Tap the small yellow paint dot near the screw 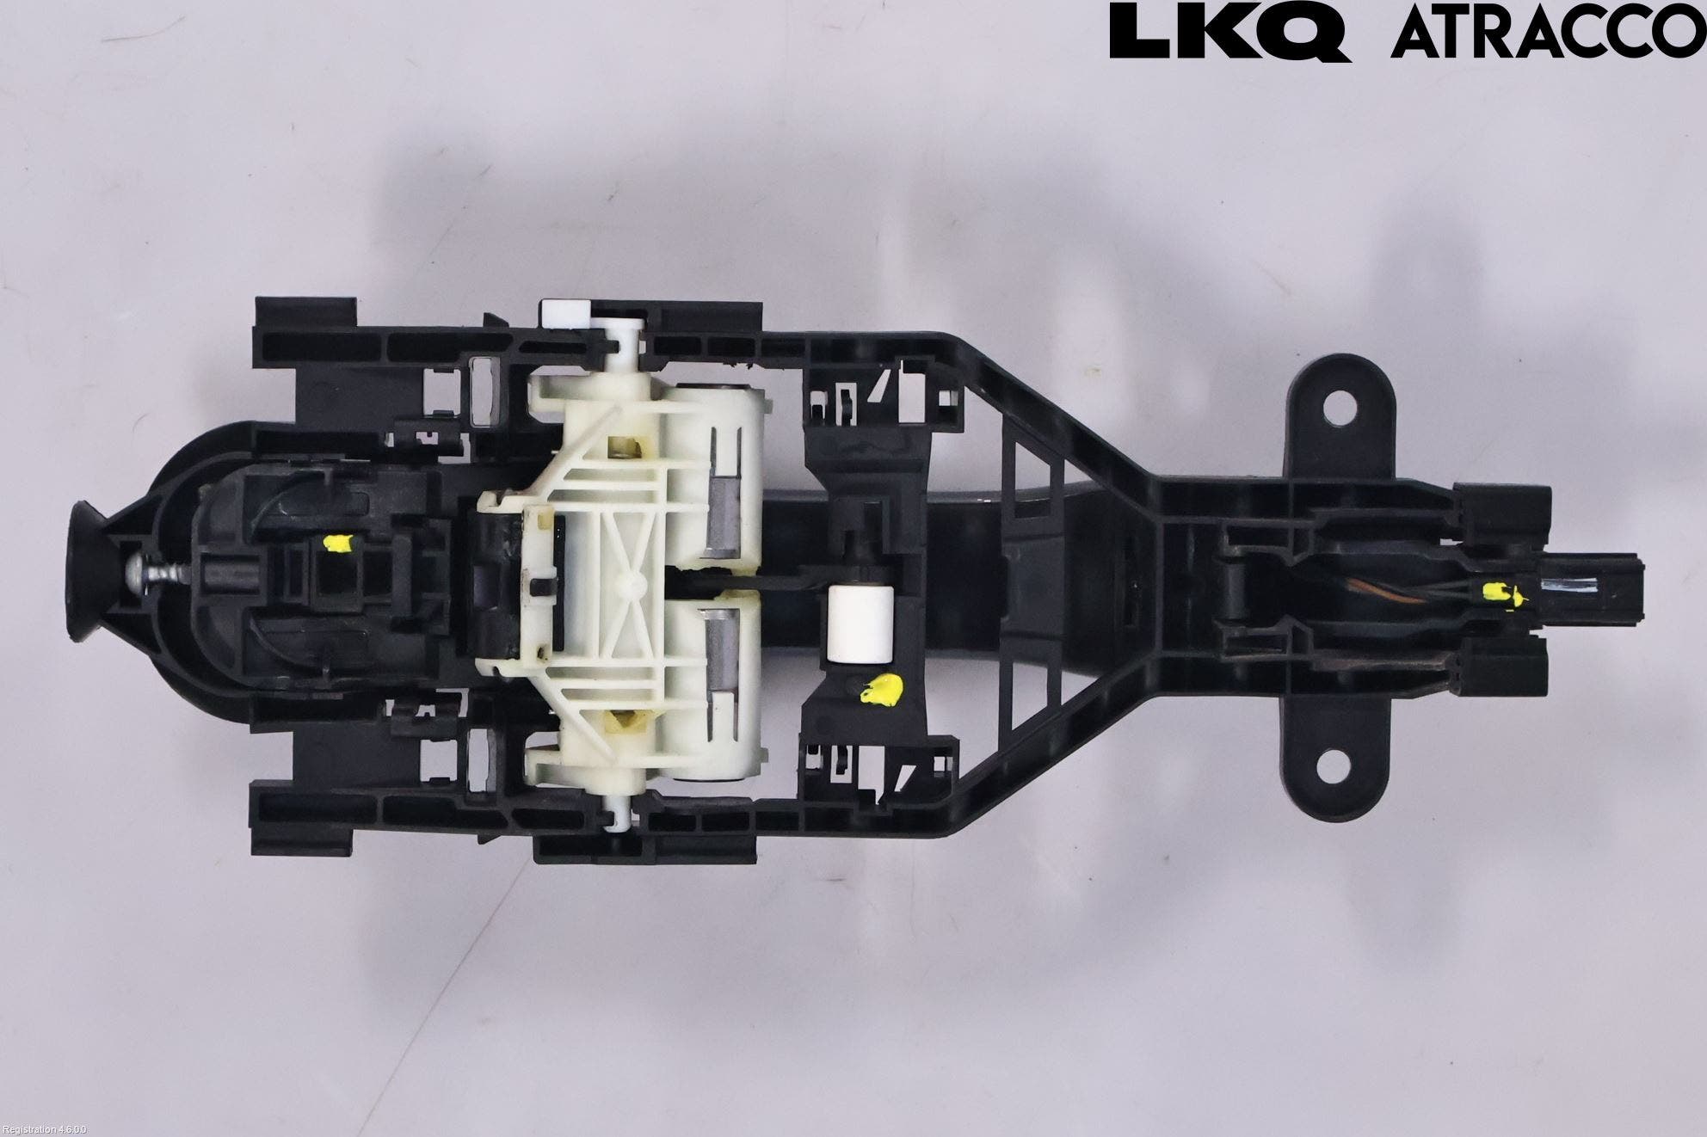click(x=338, y=543)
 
